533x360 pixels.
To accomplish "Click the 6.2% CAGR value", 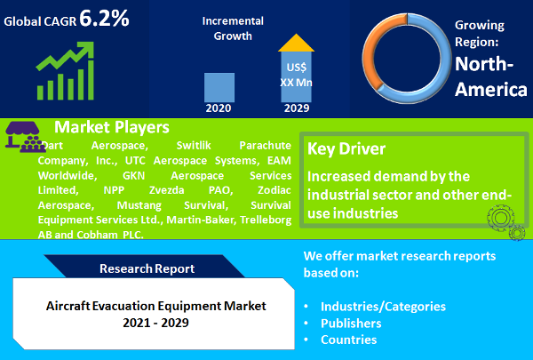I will point(106,18).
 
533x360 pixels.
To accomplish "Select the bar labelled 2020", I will point(219,87).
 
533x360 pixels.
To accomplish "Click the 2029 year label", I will point(297,108).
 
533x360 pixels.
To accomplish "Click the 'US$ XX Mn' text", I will point(297,74).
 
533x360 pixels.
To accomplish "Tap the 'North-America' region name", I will point(490,76).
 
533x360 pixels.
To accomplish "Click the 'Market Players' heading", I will point(111,127).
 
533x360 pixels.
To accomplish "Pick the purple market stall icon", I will point(20,134).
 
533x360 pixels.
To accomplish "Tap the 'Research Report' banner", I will point(147,268).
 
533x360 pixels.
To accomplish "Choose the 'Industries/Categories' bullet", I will point(383,306).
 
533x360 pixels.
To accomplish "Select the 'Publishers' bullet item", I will point(352,323).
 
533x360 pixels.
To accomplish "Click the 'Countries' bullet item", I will point(348,340).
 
